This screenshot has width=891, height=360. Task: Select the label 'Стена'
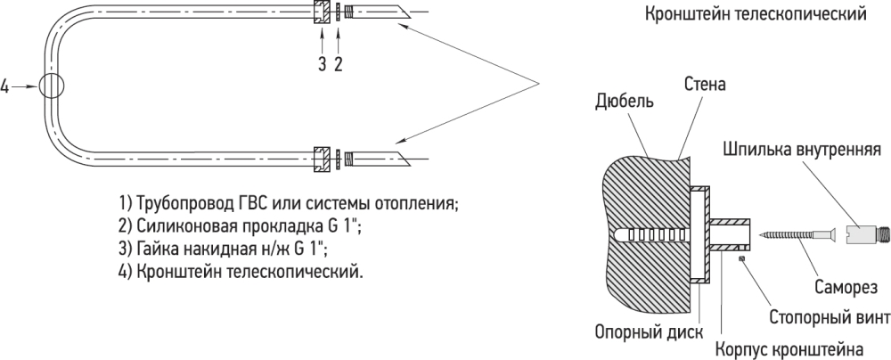[705, 86]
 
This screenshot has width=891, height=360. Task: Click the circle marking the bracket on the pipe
[50, 86]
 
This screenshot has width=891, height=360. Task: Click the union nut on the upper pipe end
[323, 13]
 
